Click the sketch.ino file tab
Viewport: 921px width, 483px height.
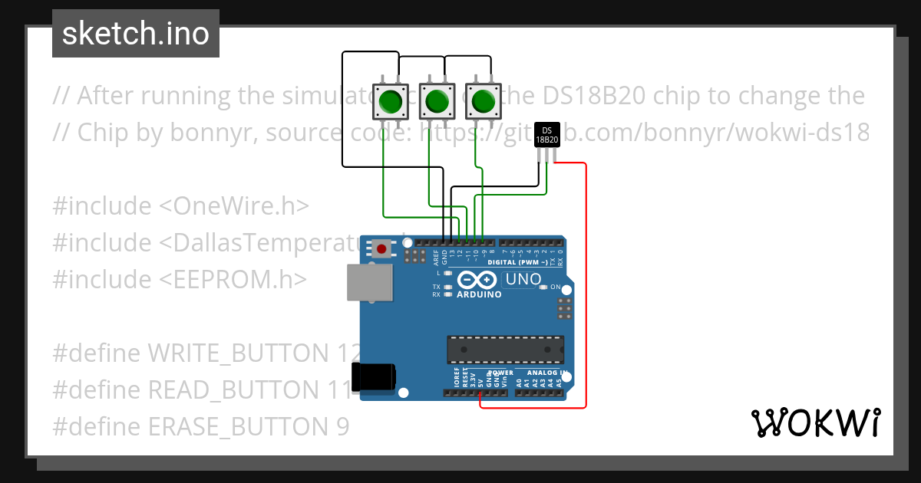[136, 34]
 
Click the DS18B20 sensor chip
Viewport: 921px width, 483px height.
[546, 136]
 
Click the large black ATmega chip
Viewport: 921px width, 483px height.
[506, 350]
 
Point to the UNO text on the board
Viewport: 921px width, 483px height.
[523, 280]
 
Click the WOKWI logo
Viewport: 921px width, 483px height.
[815, 422]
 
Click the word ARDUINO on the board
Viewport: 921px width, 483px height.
[479, 294]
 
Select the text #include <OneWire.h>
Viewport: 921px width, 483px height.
[181, 205]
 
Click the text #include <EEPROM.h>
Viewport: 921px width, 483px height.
[180, 279]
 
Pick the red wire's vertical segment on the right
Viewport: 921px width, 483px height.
[586, 284]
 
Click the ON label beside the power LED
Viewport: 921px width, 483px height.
[555, 287]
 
